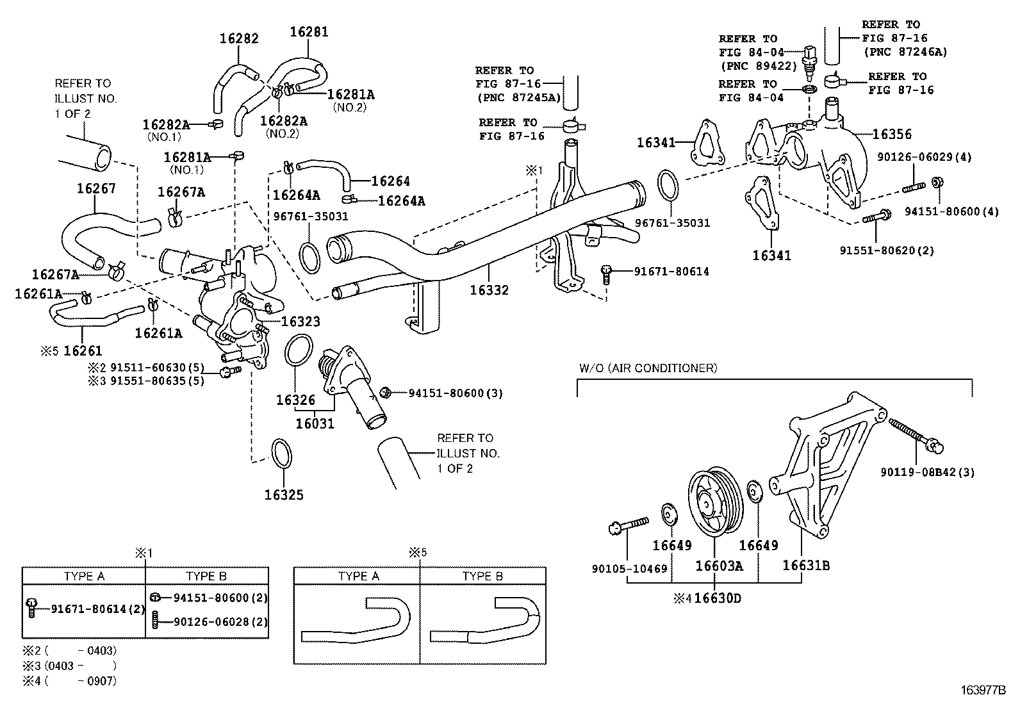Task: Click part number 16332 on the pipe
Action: click(489, 290)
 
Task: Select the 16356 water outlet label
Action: click(892, 135)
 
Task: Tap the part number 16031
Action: click(315, 424)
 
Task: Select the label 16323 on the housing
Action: click(300, 322)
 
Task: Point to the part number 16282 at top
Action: click(239, 38)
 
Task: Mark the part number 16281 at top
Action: click(309, 31)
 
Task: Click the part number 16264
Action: click(390, 181)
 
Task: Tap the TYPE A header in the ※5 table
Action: click(358, 576)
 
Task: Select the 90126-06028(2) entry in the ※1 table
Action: click(211, 622)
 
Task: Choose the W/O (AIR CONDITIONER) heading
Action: click(648, 368)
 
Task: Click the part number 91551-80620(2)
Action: click(887, 250)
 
